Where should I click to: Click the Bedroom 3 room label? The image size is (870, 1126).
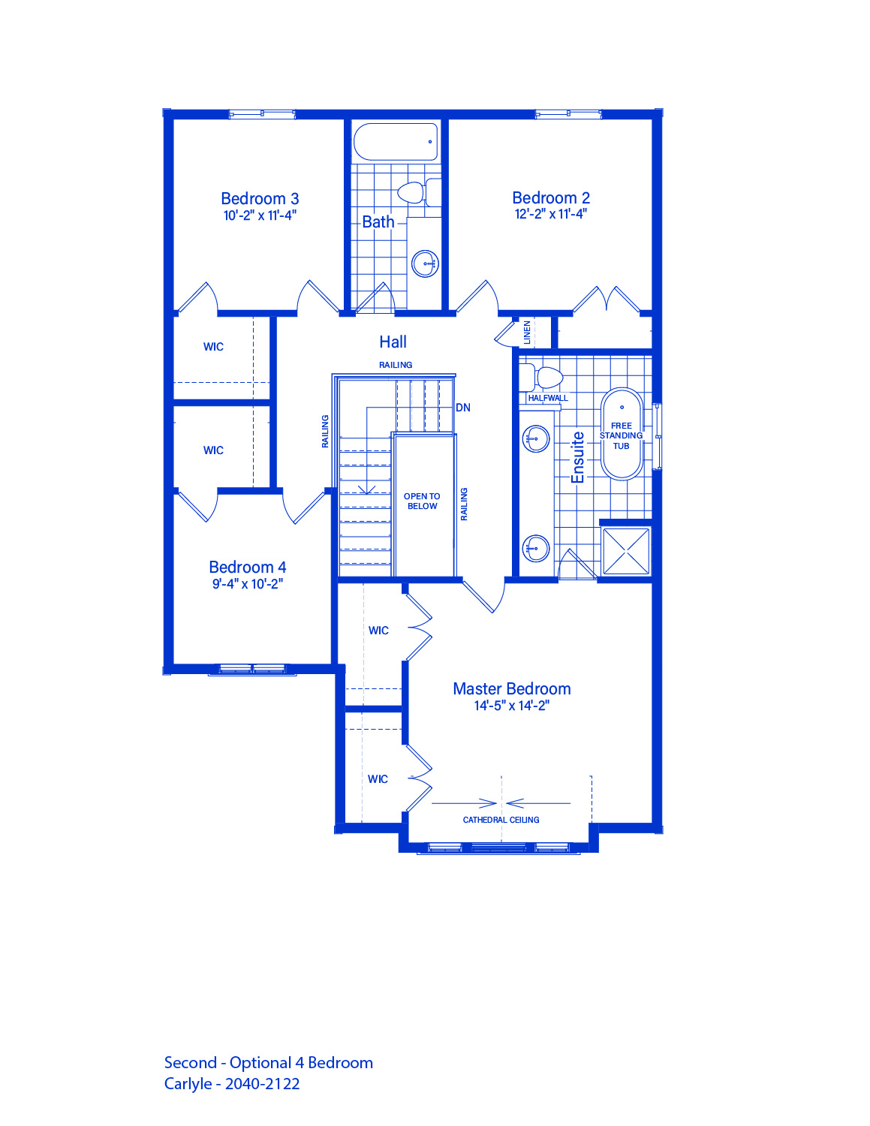(x=260, y=198)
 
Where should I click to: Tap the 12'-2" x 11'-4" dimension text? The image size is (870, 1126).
(x=550, y=214)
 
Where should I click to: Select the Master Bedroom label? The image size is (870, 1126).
(x=511, y=688)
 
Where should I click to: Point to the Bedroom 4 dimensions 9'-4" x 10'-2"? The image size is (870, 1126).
(x=247, y=584)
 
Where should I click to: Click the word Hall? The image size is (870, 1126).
(x=393, y=342)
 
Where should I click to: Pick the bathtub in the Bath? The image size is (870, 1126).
(x=396, y=142)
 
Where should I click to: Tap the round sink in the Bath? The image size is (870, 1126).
(x=425, y=263)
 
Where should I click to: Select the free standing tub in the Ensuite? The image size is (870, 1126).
(x=622, y=434)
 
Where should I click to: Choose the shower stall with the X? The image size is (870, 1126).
(x=626, y=551)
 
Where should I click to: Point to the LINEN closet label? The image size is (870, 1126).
(x=527, y=332)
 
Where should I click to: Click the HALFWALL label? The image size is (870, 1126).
(x=548, y=398)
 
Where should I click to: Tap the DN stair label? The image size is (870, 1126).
(x=462, y=408)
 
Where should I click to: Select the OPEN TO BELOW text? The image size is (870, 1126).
(x=422, y=501)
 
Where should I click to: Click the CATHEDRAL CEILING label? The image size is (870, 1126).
(x=501, y=820)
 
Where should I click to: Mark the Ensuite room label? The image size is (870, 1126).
(x=578, y=458)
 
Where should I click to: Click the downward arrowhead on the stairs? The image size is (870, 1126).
(x=367, y=489)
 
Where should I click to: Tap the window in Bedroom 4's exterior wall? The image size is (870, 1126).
(x=252, y=669)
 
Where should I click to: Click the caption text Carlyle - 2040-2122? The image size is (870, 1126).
(x=232, y=1083)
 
